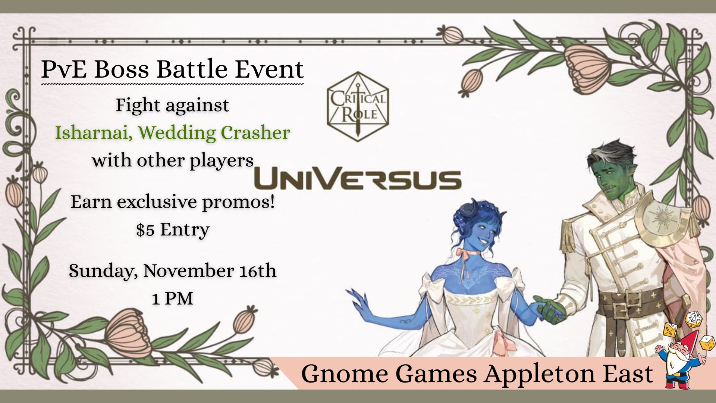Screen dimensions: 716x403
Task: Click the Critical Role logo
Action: [x=358, y=107]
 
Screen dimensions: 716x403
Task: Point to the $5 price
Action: [x=145, y=230]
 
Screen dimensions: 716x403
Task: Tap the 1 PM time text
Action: [x=172, y=299]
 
